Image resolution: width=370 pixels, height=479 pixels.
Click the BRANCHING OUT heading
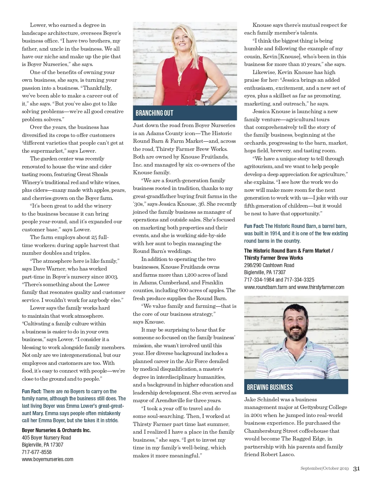coord(154,113)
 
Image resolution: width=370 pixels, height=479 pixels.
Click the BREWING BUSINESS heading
coord(270,387)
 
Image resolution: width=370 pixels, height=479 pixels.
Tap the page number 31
coord(356,469)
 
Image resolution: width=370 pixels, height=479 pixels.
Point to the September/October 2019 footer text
coord(324,469)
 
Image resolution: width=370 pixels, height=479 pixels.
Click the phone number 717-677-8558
coord(37,452)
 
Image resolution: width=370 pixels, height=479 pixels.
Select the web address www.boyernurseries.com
coord(47,459)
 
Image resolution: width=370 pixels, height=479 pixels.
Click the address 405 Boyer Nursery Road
coord(46,438)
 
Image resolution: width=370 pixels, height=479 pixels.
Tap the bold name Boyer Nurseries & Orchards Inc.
coord(56,430)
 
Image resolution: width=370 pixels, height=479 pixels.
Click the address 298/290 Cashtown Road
coord(269,265)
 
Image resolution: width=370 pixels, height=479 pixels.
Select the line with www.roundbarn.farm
coord(294,287)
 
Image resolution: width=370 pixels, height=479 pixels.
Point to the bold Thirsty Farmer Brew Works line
coord(273,258)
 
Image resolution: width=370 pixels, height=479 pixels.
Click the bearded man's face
coord(296,324)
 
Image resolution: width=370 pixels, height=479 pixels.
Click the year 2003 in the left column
coord(111,277)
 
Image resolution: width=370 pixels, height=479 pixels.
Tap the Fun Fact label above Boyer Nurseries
coord(31,391)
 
